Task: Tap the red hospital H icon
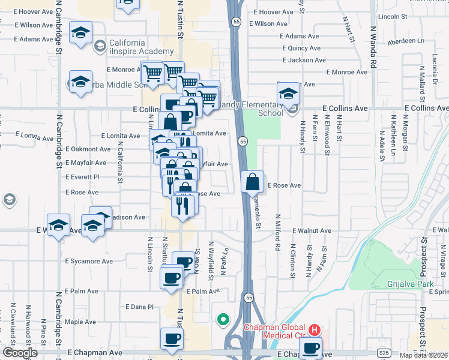click(314, 330)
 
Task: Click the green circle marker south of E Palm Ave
click(223, 319)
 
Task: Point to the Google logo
click(20, 353)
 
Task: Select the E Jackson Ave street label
click(303, 60)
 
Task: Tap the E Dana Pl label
click(139, 307)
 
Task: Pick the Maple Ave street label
click(80, 322)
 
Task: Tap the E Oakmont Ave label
click(88, 149)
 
